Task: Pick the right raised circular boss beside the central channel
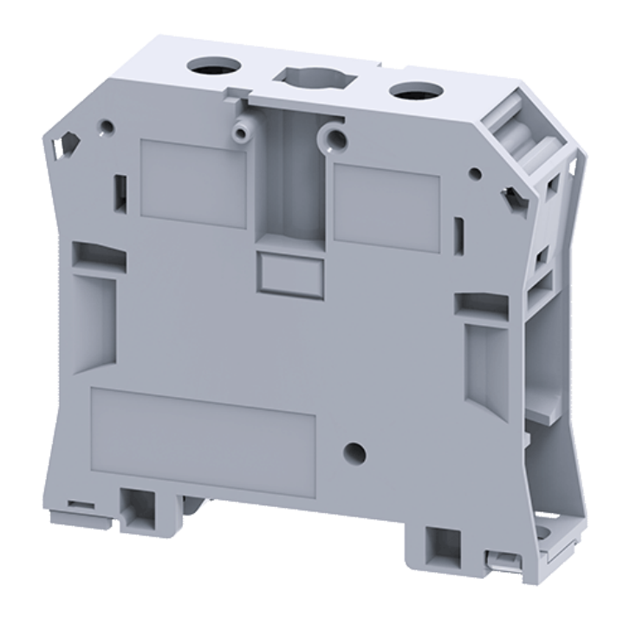[333, 137]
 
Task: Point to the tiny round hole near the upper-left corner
[106, 130]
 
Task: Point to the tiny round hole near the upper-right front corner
[475, 173]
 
